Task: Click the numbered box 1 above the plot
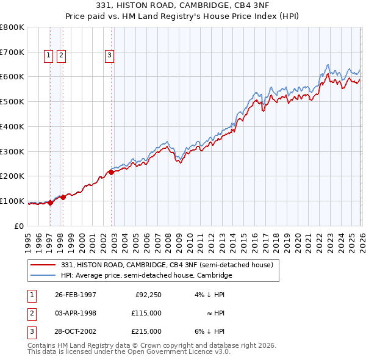click(x=48, y=56)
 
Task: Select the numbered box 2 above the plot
click(x=62, y=56)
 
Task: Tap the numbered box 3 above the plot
click(x=109, y=56)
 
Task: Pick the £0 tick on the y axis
click(x=20, y=226)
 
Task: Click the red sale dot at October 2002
click(x=112, y=172)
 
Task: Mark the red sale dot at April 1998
click(x=63, y=197)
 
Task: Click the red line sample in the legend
click(x=44, y=265)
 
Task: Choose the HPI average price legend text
click(x=146, y=275)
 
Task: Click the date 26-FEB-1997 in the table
click(x=76, y=295)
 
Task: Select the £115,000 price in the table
click(x=147, y=313)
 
